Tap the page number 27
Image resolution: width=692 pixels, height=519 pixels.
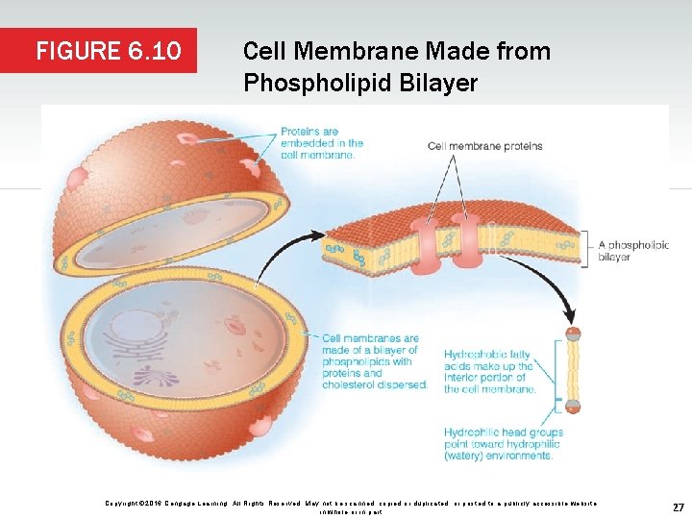click(678, 507)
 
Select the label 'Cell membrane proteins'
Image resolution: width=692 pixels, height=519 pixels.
click(485, 146)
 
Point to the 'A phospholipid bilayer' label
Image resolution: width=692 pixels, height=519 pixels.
click(632, 251)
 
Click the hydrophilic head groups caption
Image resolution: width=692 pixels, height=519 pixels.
click(503, 444)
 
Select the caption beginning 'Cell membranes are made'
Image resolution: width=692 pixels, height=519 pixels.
click(375, 361)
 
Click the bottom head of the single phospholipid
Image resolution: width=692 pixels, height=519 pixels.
click(574, 407)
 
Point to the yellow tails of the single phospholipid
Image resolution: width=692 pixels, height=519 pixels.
click(574, 371)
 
